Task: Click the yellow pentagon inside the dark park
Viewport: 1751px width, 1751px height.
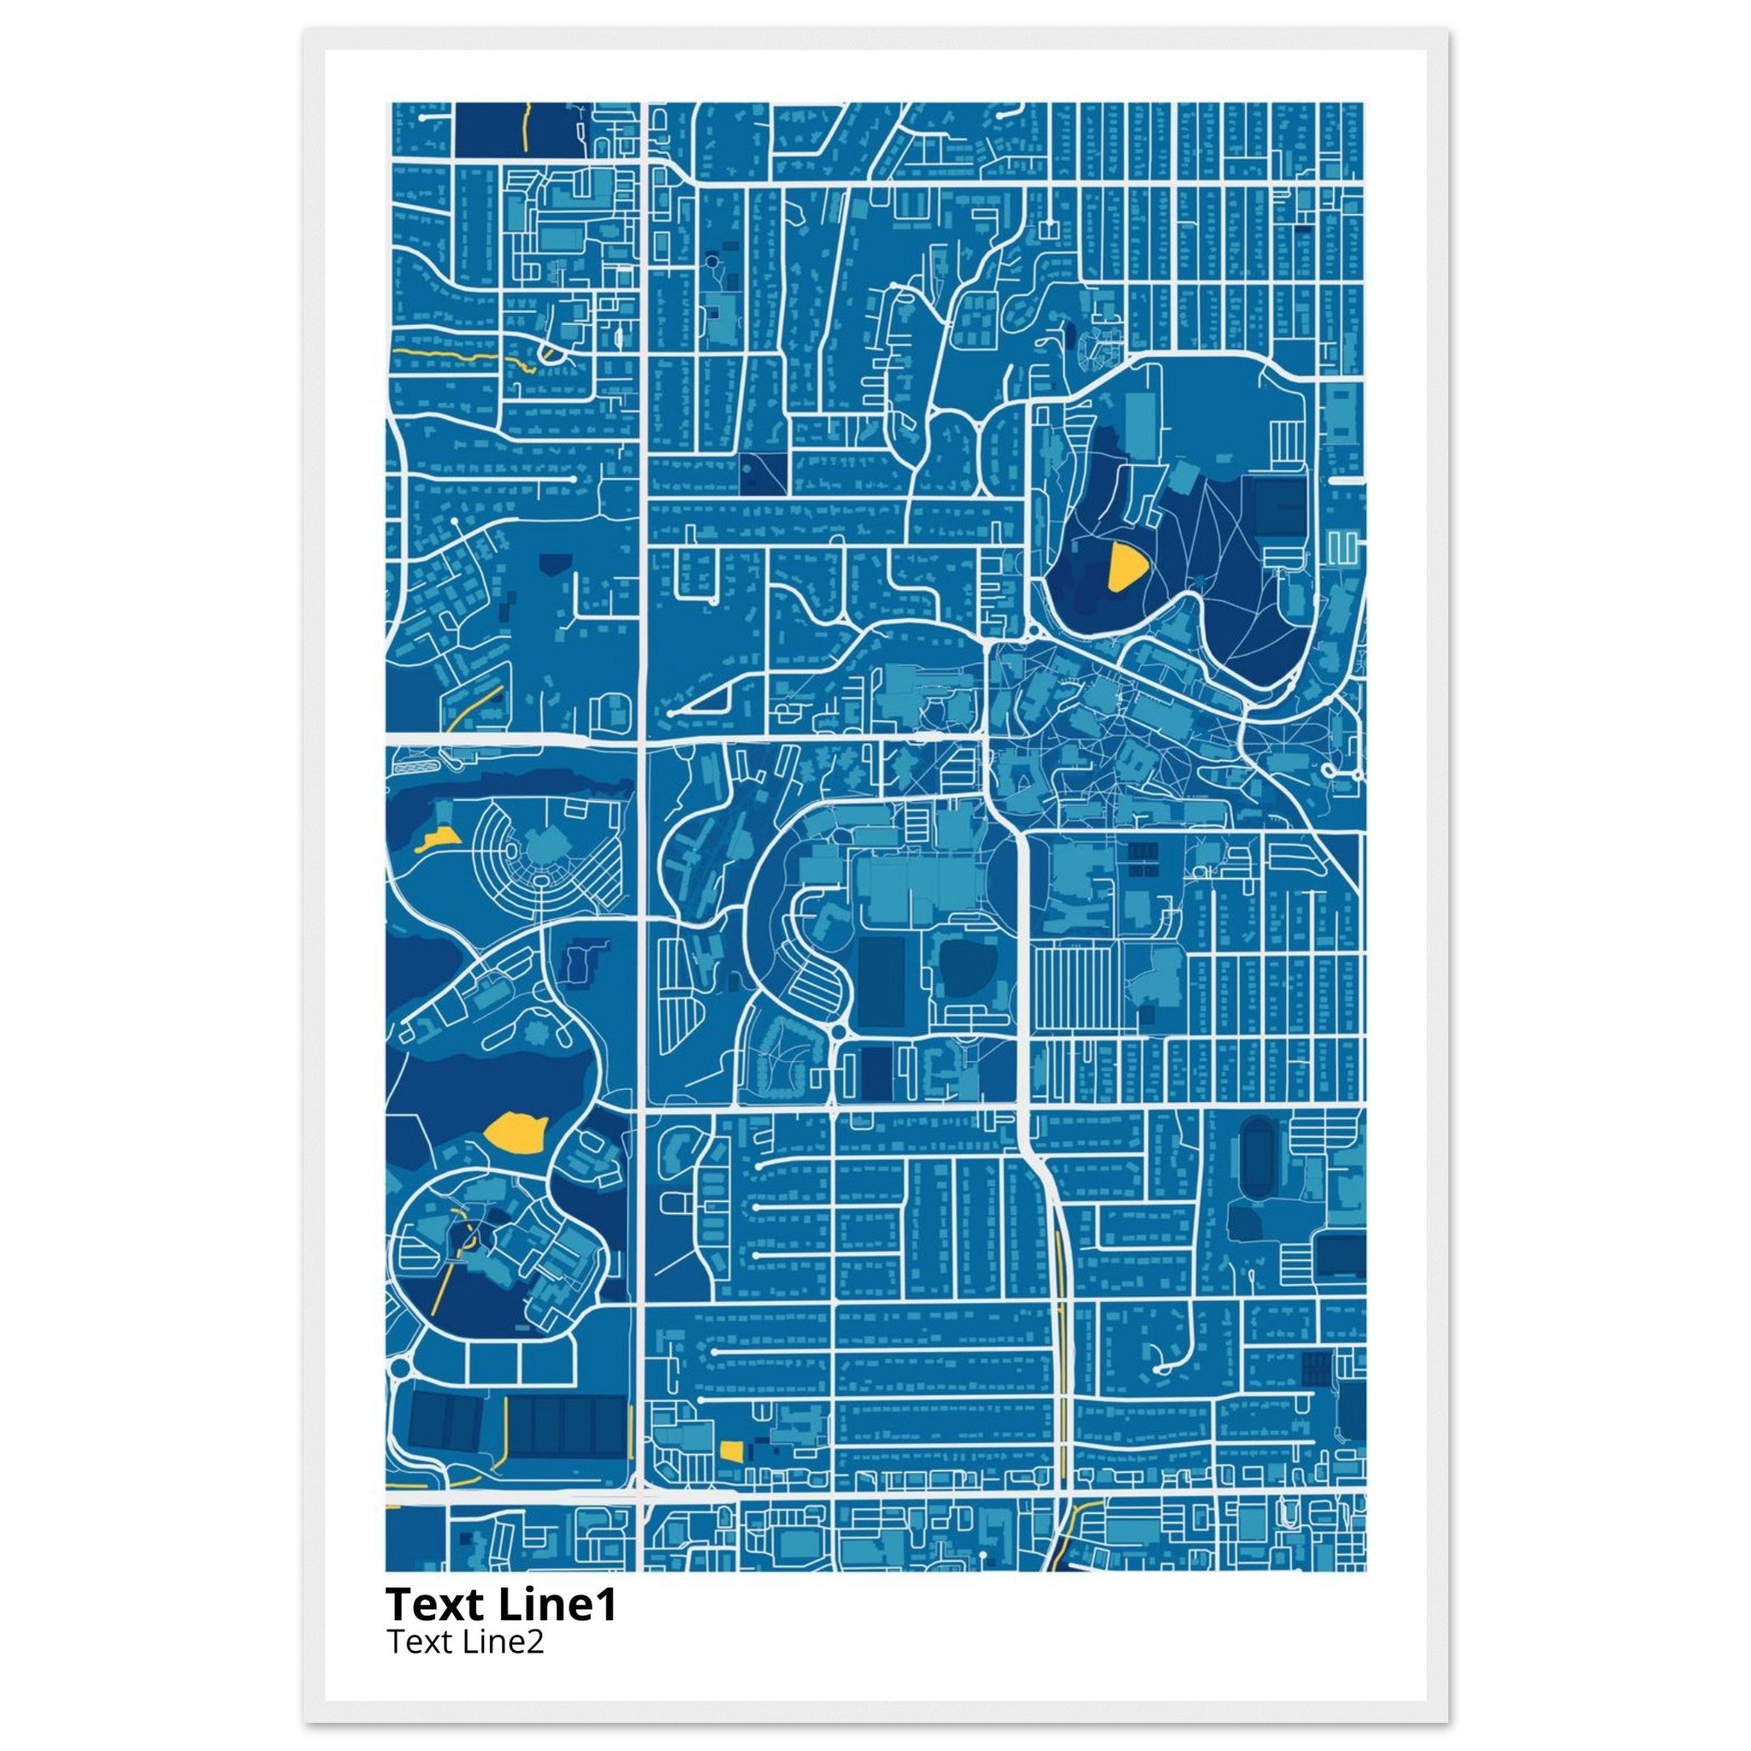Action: [x=1126, y=569]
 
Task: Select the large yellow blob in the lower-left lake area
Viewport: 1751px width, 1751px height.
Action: [x=515, y=1133]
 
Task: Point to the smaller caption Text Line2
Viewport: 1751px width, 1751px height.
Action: [x=465, y=1642]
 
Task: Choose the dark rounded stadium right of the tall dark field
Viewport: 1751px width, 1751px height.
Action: [x=968, y=969]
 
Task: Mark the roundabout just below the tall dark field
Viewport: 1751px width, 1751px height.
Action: [x=837, y=1032]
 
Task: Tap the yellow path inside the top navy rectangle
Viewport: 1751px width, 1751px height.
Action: [x=525, y=127]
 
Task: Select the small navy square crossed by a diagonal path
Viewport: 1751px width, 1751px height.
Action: [x=762, y=472]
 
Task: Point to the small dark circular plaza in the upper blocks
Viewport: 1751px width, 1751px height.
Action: [x=711, y=261]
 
